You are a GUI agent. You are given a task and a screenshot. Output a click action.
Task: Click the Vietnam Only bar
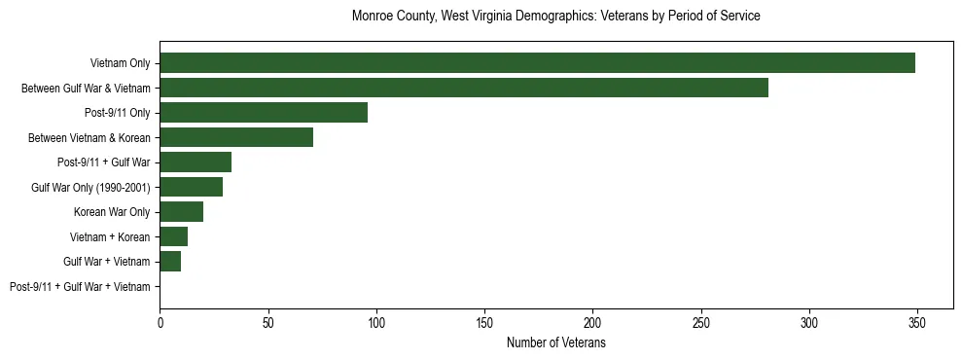coord(537,63)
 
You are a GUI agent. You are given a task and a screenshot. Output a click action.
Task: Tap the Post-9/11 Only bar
coord(264,113)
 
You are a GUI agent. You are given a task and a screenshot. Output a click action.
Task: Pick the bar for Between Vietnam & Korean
coord(236,137)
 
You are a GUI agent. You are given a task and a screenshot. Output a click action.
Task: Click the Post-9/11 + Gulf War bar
coord(196,162)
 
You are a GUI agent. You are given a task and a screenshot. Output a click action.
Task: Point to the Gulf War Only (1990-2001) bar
coord(191,187)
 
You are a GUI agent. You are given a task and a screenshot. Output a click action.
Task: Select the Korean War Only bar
coord(181,212)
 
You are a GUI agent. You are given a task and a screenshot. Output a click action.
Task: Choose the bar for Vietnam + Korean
coord(173,236)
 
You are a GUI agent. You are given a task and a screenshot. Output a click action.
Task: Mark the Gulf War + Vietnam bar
coord(170,262)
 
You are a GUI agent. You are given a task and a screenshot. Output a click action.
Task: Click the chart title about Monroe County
coord(555,17)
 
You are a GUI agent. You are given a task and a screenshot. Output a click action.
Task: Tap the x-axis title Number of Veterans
coord(556,343)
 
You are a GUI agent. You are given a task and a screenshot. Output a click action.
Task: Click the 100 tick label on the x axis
coord(376,320)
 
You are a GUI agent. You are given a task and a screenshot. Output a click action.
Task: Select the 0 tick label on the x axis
coord(160,320)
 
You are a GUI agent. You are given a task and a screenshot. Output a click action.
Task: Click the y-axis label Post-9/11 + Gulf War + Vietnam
coord(80,287)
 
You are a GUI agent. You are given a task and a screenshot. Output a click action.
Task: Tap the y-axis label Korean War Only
coord(112,212)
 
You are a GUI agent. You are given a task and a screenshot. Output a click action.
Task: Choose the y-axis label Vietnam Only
coord(120,63)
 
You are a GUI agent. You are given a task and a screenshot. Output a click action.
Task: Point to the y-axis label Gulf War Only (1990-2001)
coord(90,187)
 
